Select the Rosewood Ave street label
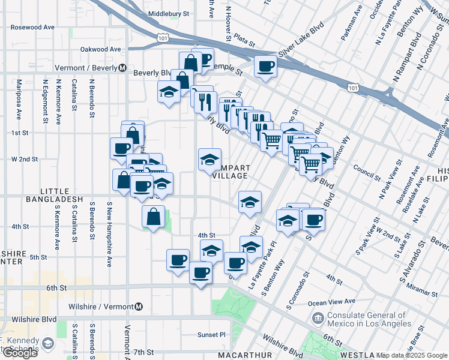click(33, 28)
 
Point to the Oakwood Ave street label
click(101, 49)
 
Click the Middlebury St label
click(169, 13)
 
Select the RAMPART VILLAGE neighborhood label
click(230, 172)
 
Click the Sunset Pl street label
click(211, 334)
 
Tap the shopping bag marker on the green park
click(154, 217)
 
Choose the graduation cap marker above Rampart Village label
click(209, 160)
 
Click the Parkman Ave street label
click(352, 24)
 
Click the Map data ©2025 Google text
click(411, 355)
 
